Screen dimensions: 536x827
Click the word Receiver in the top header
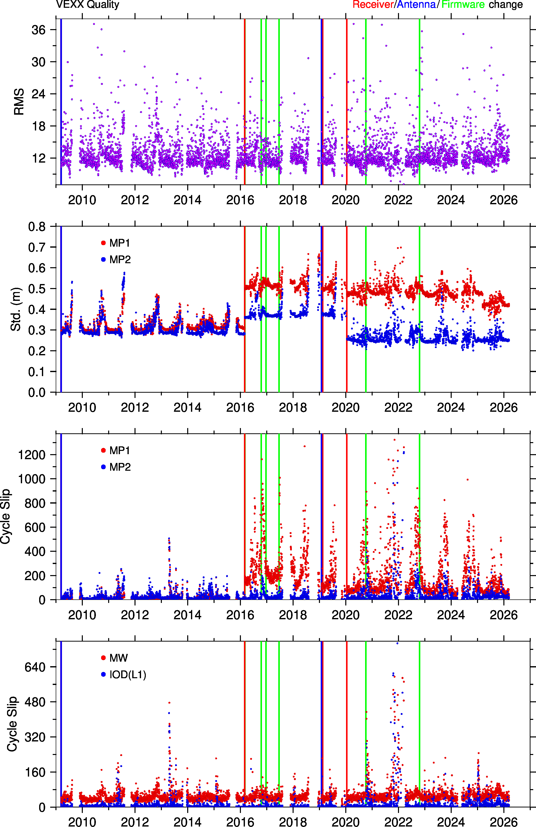tap(373, 5)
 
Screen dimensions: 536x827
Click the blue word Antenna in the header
tap(416, 5)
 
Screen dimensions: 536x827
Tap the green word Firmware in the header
tap(463, 5)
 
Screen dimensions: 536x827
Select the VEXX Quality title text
tap(88, 5)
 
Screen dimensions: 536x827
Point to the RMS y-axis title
tap(19, 101)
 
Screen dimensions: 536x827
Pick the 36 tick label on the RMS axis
tap(39, 30)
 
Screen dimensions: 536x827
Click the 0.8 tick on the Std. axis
tap(37, 227)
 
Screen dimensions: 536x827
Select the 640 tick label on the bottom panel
tap(35, 667)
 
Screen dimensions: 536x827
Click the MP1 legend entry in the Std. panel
tap(115, 243)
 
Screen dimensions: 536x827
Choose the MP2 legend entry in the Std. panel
tap(116, 260)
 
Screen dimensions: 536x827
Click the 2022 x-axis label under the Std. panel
tap(398, 407)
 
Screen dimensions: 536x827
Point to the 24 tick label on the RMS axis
tap(39, 94)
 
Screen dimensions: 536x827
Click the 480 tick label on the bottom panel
tap(35, 702)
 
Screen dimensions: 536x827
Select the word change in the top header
tap(506, 5)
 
